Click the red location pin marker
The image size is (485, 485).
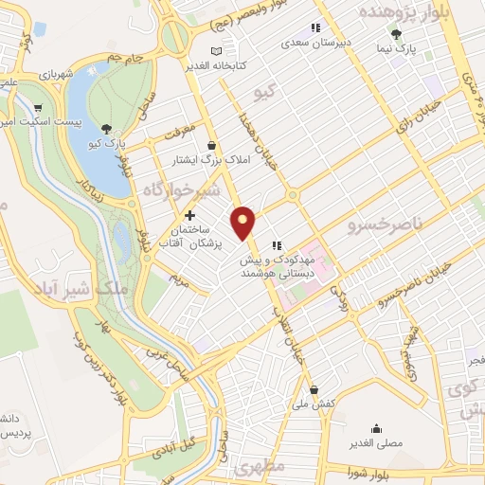coord(244,222)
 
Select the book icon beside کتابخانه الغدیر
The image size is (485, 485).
coord(217,49)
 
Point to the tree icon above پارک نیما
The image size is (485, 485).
coord(396,34)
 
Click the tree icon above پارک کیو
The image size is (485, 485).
coord(106,128)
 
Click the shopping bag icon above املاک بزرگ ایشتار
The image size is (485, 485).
coord(209,145)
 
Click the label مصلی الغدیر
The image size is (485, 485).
coord(376,441)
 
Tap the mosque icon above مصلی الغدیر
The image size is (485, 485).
coord(376,427)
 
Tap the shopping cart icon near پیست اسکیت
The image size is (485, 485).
coord(37,108)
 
